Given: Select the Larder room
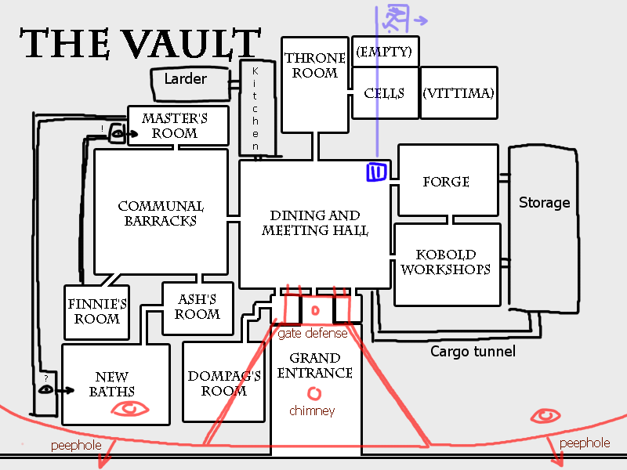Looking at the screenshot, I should (186, 79).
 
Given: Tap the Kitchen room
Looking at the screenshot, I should (256, 108).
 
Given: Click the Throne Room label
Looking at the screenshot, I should (315, 66).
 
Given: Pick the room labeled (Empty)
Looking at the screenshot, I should (384, 52).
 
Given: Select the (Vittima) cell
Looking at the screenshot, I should (458, 93).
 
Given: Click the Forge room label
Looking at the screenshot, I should (446, 182).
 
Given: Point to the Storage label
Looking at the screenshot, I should (544, 202).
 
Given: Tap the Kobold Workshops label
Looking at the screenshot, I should (446, 262).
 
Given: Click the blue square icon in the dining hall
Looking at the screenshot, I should (377, 172).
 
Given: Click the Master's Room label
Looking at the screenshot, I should (175, 125).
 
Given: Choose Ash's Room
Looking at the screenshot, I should (197, 306).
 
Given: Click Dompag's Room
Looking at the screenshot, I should (223, 384).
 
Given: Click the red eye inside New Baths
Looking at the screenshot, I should (130, 408).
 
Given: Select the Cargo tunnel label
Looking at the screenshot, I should (473, 352).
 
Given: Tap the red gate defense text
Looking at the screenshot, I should (313, 334).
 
